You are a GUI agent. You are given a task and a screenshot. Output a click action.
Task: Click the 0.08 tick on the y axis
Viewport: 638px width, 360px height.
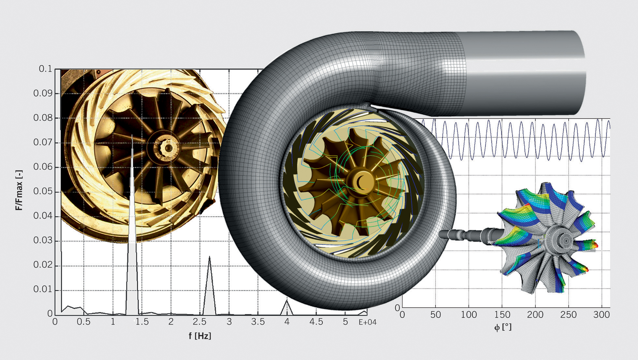click(43, 118)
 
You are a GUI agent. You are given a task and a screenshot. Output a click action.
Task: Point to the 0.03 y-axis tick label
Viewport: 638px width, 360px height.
click(43, 241)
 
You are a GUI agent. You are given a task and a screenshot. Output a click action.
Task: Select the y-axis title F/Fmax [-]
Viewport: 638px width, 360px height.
click(19, 190)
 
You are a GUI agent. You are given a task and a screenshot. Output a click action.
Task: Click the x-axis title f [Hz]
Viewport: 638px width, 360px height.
click(200, 336)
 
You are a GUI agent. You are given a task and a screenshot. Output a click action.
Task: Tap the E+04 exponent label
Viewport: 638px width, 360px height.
click(367, 322)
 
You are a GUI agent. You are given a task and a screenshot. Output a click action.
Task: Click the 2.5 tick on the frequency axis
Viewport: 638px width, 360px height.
click(199, 322)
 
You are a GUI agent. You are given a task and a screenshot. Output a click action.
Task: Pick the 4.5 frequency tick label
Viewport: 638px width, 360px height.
click(316, 322)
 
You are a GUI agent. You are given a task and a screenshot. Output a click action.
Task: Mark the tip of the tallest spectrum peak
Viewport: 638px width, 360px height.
click(132, 135)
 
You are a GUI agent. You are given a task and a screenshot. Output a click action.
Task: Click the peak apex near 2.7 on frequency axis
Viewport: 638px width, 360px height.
click(209, 257)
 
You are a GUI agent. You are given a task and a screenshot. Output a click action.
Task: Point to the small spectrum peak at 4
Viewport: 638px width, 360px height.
click(287, 300)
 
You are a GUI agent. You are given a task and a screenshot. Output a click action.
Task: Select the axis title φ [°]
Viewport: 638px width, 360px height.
click(503, 327)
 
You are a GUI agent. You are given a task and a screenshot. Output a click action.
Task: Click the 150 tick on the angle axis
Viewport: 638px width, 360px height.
click(502, 315)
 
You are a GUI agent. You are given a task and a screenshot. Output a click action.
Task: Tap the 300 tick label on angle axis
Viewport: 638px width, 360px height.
click(601, 315)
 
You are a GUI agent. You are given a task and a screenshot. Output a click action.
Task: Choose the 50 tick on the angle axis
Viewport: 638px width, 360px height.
click(436, 315)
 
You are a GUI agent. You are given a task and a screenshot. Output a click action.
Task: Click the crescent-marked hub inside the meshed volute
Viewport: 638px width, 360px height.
click(361, 182)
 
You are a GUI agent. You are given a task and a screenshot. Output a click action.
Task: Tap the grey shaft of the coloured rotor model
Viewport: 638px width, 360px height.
click(466, 235)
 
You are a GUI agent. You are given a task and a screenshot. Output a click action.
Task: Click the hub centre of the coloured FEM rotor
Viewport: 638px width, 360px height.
click(566, 241)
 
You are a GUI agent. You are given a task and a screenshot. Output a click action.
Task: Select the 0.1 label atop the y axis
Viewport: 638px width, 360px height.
click(45, 69)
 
